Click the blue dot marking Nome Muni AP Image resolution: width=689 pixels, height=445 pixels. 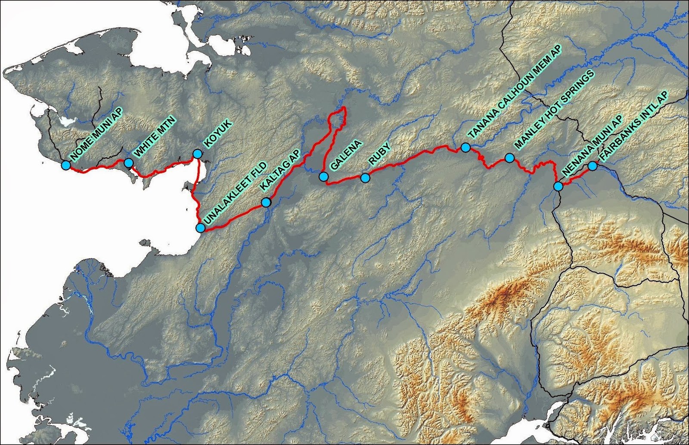[65, 165]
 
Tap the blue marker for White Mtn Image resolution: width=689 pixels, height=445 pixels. [128, 163]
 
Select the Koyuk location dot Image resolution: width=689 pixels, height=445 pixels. [197, 153]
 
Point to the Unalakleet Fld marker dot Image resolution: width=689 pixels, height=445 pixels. [201, 228]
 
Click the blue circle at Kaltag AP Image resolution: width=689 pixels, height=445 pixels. [266, 203]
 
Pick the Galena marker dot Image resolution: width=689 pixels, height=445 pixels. [324, 176]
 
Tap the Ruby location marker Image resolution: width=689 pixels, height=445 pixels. [365, 178]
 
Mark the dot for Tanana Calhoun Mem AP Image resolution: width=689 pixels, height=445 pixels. [466, 147]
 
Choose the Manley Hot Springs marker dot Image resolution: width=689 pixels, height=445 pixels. [509, 158]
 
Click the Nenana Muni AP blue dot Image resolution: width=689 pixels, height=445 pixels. [558, 186]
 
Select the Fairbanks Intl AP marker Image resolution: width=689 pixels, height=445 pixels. [593, 166]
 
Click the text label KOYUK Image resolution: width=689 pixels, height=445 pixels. [217, 135]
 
